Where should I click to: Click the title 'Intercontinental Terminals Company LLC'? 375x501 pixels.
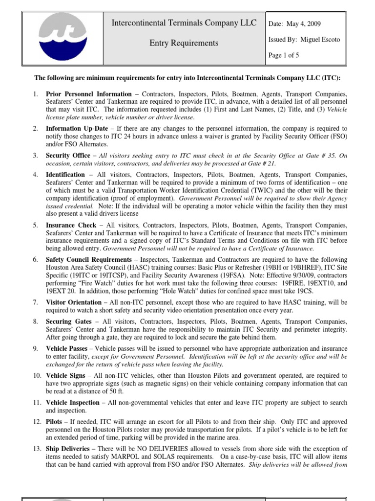(184, 23)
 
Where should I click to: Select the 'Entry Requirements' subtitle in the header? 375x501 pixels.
(184, 43)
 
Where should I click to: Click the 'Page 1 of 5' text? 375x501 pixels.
(284, 55)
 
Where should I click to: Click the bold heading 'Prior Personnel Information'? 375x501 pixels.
(88, 94)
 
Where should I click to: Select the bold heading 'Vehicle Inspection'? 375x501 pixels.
(74, 403)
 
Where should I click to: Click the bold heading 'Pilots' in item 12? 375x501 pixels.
(55, 422)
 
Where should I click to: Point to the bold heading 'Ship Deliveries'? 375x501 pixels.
(68, 449)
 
